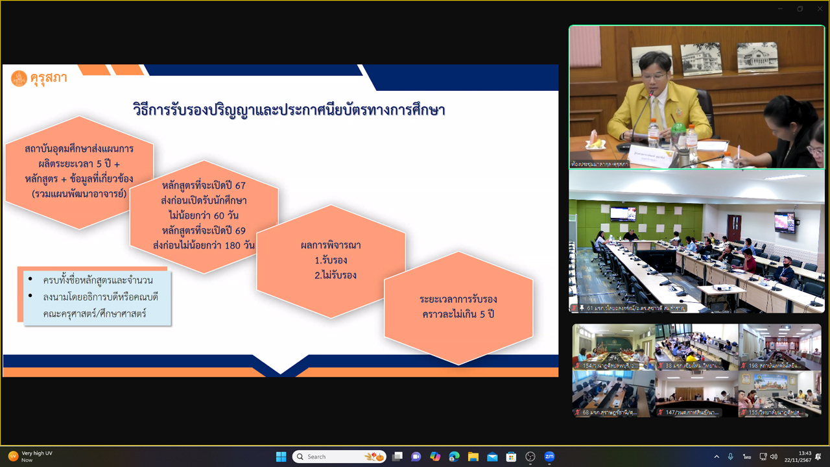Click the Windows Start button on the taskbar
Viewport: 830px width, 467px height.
point(281,457)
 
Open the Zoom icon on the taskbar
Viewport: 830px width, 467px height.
point(549,457)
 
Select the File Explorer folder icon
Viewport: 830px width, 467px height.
point(473,457)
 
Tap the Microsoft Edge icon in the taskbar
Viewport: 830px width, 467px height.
point(454,457)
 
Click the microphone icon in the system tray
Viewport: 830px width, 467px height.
point(731,457)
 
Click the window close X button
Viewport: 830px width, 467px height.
point(819,8)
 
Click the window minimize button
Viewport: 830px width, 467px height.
point(781,8)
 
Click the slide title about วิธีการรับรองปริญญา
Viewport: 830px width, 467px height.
point(289,110)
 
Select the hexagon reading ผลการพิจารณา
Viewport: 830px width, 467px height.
point(331,260)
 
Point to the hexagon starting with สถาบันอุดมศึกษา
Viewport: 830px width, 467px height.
point(80,172)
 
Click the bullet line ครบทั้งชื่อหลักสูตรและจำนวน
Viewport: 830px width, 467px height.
point(98,280)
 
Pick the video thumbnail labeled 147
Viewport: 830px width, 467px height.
point(696,393)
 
